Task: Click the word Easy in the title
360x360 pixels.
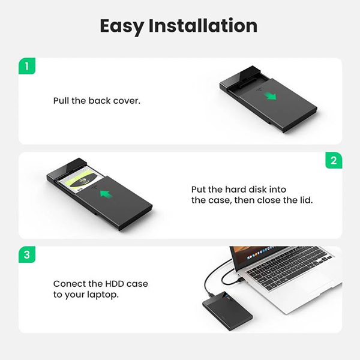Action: (122, 26)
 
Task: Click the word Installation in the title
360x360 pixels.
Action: (203, 25)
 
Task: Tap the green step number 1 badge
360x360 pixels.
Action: (27, 66)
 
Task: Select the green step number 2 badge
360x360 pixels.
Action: (334, 160)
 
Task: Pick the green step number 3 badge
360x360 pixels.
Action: (27, 254)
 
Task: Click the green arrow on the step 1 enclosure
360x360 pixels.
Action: (270, 96)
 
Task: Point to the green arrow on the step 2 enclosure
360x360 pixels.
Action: (106, 194)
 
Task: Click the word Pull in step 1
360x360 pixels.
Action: (61, 101)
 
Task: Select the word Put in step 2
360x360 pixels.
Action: (199, 190)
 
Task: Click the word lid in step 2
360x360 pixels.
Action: (307, 200)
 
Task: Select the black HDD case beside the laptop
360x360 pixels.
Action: (227, 310)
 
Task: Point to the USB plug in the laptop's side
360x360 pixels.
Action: (240, 280)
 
